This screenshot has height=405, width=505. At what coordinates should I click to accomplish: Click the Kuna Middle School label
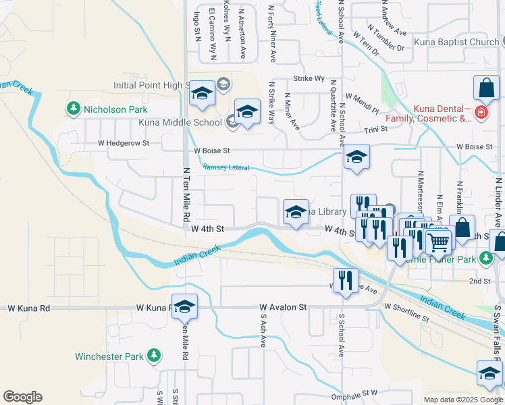point(180,122)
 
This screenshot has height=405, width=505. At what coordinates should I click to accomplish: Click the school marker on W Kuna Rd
point(184,307)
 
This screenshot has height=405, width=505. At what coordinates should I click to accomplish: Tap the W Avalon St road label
point(284,307)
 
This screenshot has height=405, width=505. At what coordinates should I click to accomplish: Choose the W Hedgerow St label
point(123,143)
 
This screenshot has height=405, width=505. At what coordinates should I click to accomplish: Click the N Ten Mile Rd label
point(184,196)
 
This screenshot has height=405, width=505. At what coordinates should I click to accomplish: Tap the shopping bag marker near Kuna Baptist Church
point(486,88)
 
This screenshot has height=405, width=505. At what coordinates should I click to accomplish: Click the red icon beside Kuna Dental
point(481,112)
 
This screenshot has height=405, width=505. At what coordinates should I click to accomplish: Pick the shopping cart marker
point(439,242)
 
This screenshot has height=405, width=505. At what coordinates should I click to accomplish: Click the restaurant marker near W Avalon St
point(346,280)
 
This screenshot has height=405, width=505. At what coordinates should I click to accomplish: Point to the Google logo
point(22,397)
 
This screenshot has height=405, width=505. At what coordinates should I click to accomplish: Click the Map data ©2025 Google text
point(462,400)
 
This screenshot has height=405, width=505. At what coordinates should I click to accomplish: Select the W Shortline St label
point(406,312)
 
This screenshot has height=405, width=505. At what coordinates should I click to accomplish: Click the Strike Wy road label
point(309,78)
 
